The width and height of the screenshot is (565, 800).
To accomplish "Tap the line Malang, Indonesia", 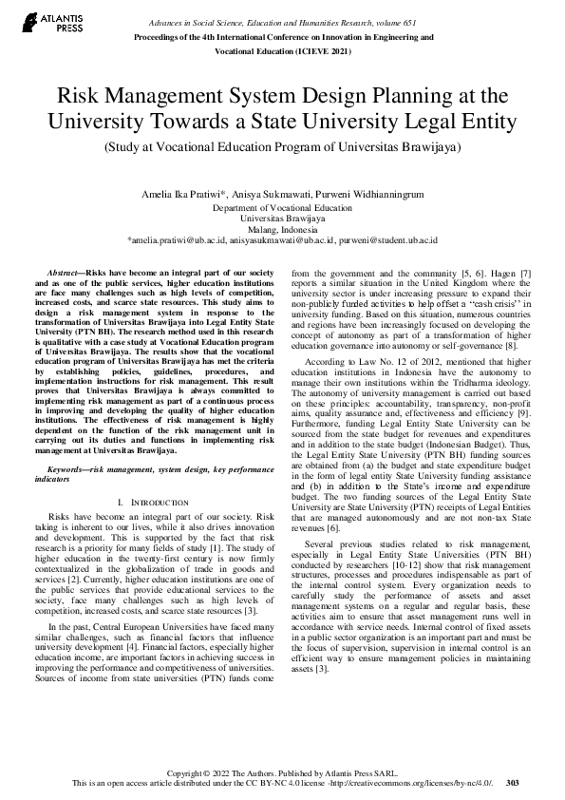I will pyautogui.click(x=282, y=229).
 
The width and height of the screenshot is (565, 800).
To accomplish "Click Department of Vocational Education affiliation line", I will pyautogui.click(x=282, y=206).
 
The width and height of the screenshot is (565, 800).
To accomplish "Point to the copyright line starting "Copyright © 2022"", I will pyautogui.click(x=282, y=773).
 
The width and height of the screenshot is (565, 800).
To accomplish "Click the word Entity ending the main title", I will pyautogui.click(x=486, y=122).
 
